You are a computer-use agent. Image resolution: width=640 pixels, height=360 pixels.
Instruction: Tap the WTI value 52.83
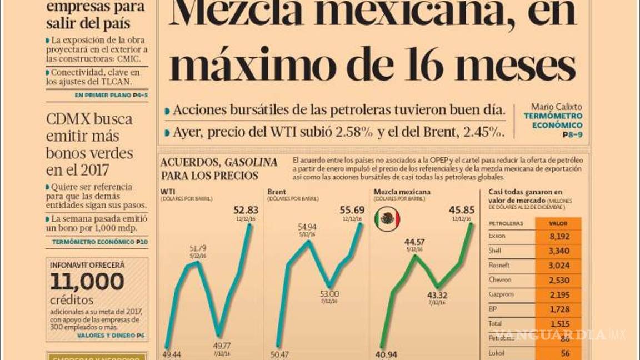click(x=246, y=210)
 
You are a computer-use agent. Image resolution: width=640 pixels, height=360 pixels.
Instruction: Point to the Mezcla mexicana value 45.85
click(x=461, y=210)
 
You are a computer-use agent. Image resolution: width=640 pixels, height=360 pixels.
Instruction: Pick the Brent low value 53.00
click(x=329, y=294)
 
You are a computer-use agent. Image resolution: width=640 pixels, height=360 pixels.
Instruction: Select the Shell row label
click(x=494, y=251)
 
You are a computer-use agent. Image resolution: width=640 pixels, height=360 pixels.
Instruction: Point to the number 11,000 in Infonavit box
click(x=87, y=282)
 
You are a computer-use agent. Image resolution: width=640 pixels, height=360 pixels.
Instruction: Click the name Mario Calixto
click(x=556, y=106)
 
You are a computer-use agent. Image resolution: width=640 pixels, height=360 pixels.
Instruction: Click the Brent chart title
click(x=277, y=192)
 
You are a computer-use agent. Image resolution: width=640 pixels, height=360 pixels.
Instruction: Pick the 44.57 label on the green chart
click(x=414, y=242)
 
